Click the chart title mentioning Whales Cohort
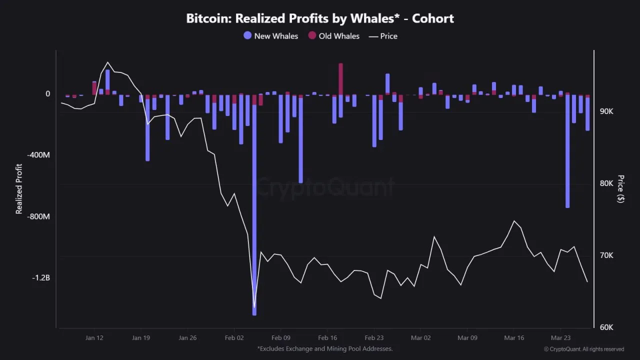tap(320, 19)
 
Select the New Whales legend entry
tap(270, 36)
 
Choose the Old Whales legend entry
tap(333, 36)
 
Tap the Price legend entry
tap(383, 36)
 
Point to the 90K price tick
tap(606, 111)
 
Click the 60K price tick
tap(606, 327)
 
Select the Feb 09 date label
tap(281, 338)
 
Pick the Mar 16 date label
tap(514, 338)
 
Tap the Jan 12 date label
tap(94, 338)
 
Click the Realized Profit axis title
tap(19, 189)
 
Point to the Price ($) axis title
tap(620, 189)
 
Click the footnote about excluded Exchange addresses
tap(325, 348)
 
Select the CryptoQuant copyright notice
tap(584, 349)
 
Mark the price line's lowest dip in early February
tap(254, 307)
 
